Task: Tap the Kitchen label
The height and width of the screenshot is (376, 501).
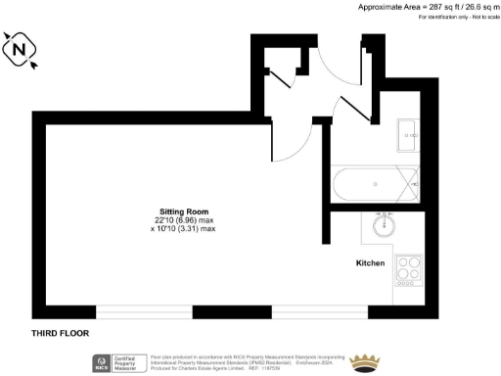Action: click(369, 263)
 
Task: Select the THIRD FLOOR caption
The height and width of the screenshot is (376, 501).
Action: click(60, 333)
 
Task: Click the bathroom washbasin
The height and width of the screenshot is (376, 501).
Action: click(407, 135)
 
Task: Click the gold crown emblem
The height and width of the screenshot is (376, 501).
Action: click(368, 361)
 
